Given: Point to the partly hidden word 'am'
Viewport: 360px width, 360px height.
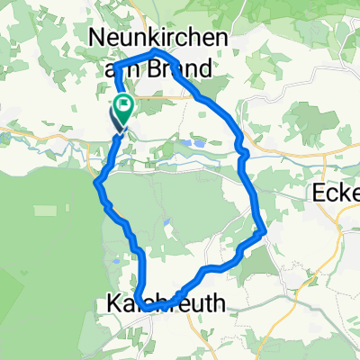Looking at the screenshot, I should click(x=126, y=68).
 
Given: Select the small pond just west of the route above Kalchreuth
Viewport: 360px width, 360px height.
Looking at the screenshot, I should click(x=117, y=262).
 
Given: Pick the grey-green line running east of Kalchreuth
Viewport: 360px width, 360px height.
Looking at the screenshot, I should click(x=270, y=297).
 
